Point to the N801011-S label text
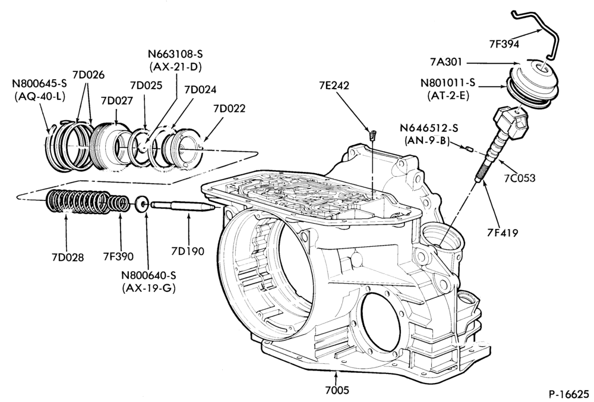(448, 82)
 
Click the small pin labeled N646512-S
(467, 149)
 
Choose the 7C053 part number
(519, 177)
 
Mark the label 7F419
(503, 232)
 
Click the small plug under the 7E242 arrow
(372, 134)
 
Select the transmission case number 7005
(337, 390)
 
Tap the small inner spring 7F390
(118, 203)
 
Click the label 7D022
(229, 108)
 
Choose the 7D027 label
(117, 100)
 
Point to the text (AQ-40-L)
(39, 96)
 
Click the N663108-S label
(175, 54)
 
